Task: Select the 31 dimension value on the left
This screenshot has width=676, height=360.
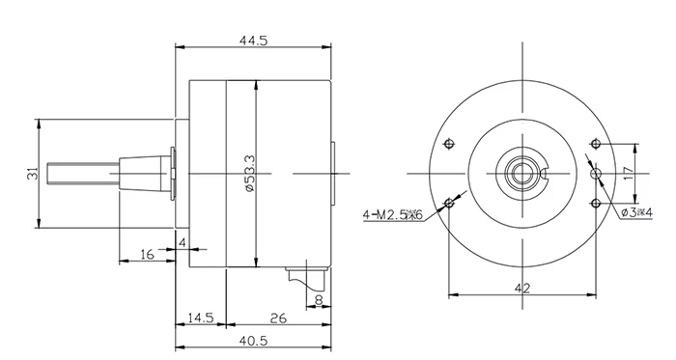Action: pos(31,174)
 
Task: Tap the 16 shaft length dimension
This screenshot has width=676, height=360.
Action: pos(147,254)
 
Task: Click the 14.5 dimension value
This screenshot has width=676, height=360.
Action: pos(200,317)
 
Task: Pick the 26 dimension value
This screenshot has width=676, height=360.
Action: pos(277,317)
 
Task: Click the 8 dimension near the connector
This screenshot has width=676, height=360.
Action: pos(319,300)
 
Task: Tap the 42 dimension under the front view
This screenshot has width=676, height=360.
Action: pos(521,287)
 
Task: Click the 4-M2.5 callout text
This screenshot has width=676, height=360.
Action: pos(393,213)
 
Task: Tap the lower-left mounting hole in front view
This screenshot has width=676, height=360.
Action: pos(449,203)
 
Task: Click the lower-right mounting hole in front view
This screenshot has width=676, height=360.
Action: pos(596,203)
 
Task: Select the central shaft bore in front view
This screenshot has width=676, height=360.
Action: pos(522,174)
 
